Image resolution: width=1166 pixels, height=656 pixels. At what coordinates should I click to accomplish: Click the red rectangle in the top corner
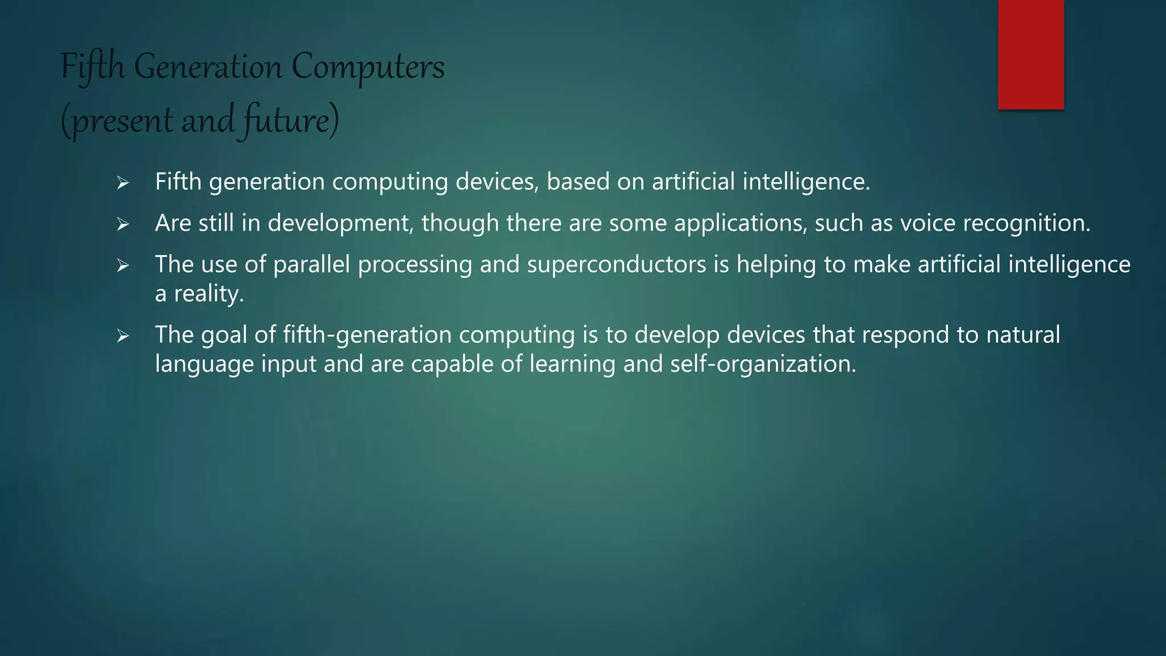pyautogui.click(x=1030, y=54)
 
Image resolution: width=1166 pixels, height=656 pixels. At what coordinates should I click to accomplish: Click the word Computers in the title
pyautogui.click(x=368, y=67)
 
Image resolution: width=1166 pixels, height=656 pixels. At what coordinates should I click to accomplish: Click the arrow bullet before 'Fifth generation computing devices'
pyautogui.click(x=123, y=183)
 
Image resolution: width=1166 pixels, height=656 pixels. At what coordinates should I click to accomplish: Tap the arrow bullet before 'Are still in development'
pyautogui.click(x=123, y=224)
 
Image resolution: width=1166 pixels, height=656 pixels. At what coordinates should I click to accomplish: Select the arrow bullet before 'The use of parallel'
pyautogui.click(x=123, y=265)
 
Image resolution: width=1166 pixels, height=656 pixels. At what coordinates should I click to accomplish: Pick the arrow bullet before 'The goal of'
pyautogui.click(x=123, y=336)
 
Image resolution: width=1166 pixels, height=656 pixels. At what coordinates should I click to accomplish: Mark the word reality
pyautogui.click(x=208, y=294)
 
